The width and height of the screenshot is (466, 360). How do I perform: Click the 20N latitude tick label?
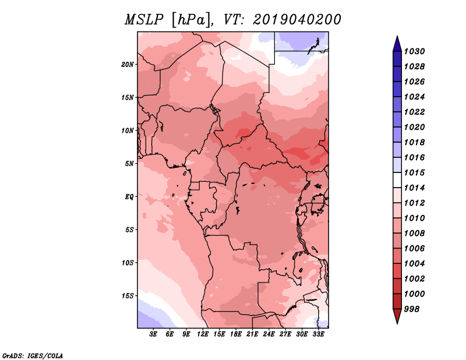pos(127,65)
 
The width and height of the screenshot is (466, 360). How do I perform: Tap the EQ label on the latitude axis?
pos(129,197)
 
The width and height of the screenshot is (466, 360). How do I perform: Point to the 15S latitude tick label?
pos(127,296)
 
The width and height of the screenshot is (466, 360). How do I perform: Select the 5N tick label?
pos(129,164)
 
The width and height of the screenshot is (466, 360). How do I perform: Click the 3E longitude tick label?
pos(153,334)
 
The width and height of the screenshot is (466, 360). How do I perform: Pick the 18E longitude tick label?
pos(236,334)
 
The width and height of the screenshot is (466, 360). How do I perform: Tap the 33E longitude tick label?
pos(318,334)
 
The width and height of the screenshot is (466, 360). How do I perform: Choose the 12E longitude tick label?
pos(203,334)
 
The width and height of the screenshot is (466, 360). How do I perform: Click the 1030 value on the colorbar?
pos(414,51)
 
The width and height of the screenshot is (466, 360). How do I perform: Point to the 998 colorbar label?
pos(412,309)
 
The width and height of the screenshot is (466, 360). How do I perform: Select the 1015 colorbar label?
pos(414,172)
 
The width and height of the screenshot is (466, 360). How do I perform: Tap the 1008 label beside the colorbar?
pos(414,234)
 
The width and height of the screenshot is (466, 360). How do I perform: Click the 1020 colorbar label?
pos(414,127)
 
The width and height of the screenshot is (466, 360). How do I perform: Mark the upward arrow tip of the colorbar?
pos(397,36)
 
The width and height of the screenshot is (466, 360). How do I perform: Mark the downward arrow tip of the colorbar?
pos(397,323)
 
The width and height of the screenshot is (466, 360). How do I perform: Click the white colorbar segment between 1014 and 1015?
pos(397,180)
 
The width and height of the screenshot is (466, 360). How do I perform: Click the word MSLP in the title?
pos(144,20)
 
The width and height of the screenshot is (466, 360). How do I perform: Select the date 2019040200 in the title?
pos(296,20)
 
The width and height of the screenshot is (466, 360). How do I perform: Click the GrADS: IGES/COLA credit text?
pos(33,356)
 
